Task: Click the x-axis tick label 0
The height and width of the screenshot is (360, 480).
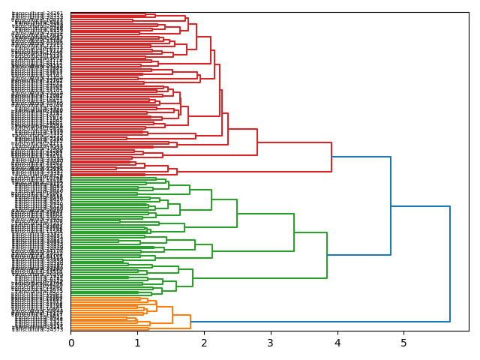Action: point(71,343)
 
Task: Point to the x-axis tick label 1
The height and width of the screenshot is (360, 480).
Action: point(137,343)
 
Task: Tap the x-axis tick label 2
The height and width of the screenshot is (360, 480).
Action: point(204,343)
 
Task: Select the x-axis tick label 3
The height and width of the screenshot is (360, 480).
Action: point(271,343)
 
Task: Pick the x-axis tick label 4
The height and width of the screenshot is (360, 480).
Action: point(337,343)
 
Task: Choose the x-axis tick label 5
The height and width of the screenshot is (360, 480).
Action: point(403,343)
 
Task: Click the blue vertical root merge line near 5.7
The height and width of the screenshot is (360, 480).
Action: point(450,262)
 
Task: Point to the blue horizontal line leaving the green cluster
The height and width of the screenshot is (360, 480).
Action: point(358,255)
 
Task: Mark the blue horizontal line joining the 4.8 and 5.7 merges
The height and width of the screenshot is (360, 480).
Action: point(420,206)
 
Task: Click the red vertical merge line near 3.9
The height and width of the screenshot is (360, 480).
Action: point(331,157)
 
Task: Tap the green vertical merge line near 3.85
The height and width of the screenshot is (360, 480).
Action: point(327,255)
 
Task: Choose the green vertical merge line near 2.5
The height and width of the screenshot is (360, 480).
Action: point(237,214)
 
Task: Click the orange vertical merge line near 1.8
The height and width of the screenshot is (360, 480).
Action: point(190,322)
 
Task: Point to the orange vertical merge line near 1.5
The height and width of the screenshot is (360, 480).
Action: point(172,315)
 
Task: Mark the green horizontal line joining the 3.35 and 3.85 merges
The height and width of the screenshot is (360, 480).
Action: point(310,232)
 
